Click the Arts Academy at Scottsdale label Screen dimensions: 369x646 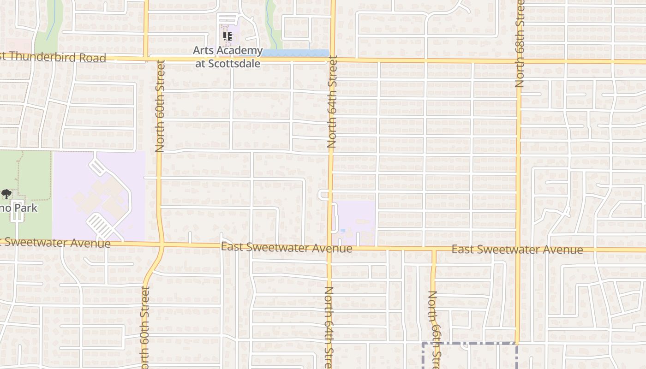(x=227, y=57)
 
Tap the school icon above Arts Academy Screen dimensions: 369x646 (x=227, y=36)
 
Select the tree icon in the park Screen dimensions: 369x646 (x=6, y=194)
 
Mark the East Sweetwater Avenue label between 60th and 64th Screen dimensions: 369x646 (x=287, y=247)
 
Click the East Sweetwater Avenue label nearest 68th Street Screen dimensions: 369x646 (x=517, y=250)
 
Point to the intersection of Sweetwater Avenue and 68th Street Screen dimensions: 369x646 (x=518, y=250)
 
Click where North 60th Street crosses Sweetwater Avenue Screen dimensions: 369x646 (x=162, y=244)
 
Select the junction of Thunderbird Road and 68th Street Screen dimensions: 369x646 (x=519, y=61)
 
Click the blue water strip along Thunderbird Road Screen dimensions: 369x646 (x=295, y=53)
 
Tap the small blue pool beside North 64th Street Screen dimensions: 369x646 (x=342, y=230)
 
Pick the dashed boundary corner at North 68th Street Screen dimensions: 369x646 (x=516, y=344)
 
